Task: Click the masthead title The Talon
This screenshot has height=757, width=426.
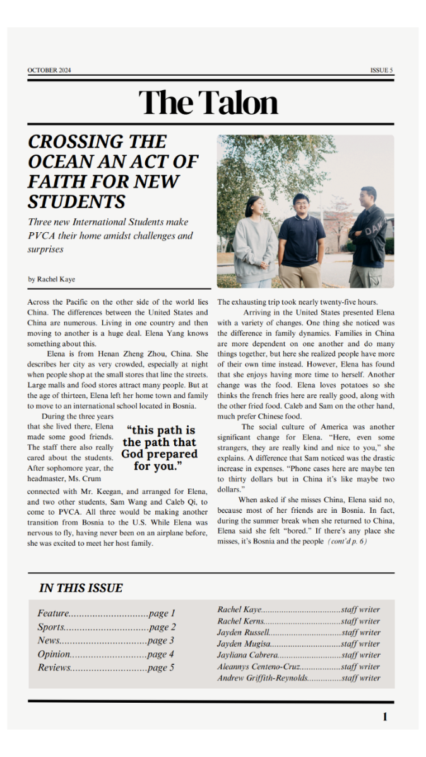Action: (x=208, y=103)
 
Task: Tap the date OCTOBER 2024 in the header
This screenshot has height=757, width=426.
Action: (x=49, y=70)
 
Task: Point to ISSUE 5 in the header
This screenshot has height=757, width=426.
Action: (x=381, y=70)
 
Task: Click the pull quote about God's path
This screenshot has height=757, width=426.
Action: (x=159, y=449)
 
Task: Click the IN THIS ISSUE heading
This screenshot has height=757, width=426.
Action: (x=81, y=588)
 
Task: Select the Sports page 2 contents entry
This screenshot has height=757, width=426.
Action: (x=106, y=627)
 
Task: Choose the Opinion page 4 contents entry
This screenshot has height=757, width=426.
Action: (x=105, y=654)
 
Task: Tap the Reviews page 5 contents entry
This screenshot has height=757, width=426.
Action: (x=105, y=667)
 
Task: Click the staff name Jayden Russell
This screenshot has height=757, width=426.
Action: (x=244, y=632)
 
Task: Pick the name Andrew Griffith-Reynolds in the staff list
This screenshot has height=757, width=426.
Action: (x=263, y=678)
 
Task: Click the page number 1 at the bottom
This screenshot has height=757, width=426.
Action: (x=385, y=717)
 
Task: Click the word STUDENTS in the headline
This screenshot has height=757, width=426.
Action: (x=76, y=202)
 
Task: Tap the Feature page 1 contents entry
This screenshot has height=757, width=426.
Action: (x=106, y=613)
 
